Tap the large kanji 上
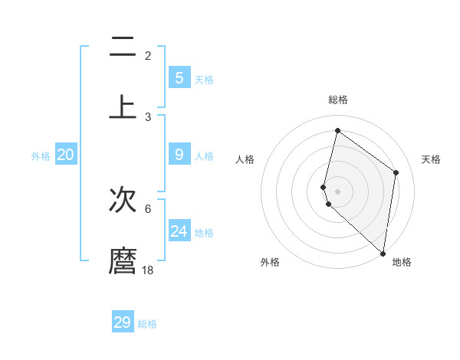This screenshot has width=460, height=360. [123, 106]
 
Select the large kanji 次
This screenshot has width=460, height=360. [123, 201]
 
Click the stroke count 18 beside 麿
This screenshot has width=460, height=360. [148, 270]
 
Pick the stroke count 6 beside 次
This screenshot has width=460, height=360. [148, 208]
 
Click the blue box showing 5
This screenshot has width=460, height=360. [179, 77]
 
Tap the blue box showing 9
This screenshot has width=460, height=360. [179, 155]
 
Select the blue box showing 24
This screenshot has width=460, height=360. [179, 231]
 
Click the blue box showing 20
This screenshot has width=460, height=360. [65, 155]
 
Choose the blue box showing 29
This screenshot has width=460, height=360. [123, 322]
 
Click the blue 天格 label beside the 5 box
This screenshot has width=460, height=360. [204, 79]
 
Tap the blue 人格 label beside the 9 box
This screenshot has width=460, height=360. [204, 155]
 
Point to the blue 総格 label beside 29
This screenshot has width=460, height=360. [147, 324]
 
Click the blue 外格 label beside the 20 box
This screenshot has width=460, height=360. [41, 155]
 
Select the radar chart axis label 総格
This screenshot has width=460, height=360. [337, 100]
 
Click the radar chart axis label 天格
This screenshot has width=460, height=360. [431, 159]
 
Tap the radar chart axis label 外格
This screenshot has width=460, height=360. [270, 262]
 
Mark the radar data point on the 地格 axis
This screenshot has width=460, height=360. [383, 254]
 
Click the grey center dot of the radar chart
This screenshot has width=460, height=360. [337, 191]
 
